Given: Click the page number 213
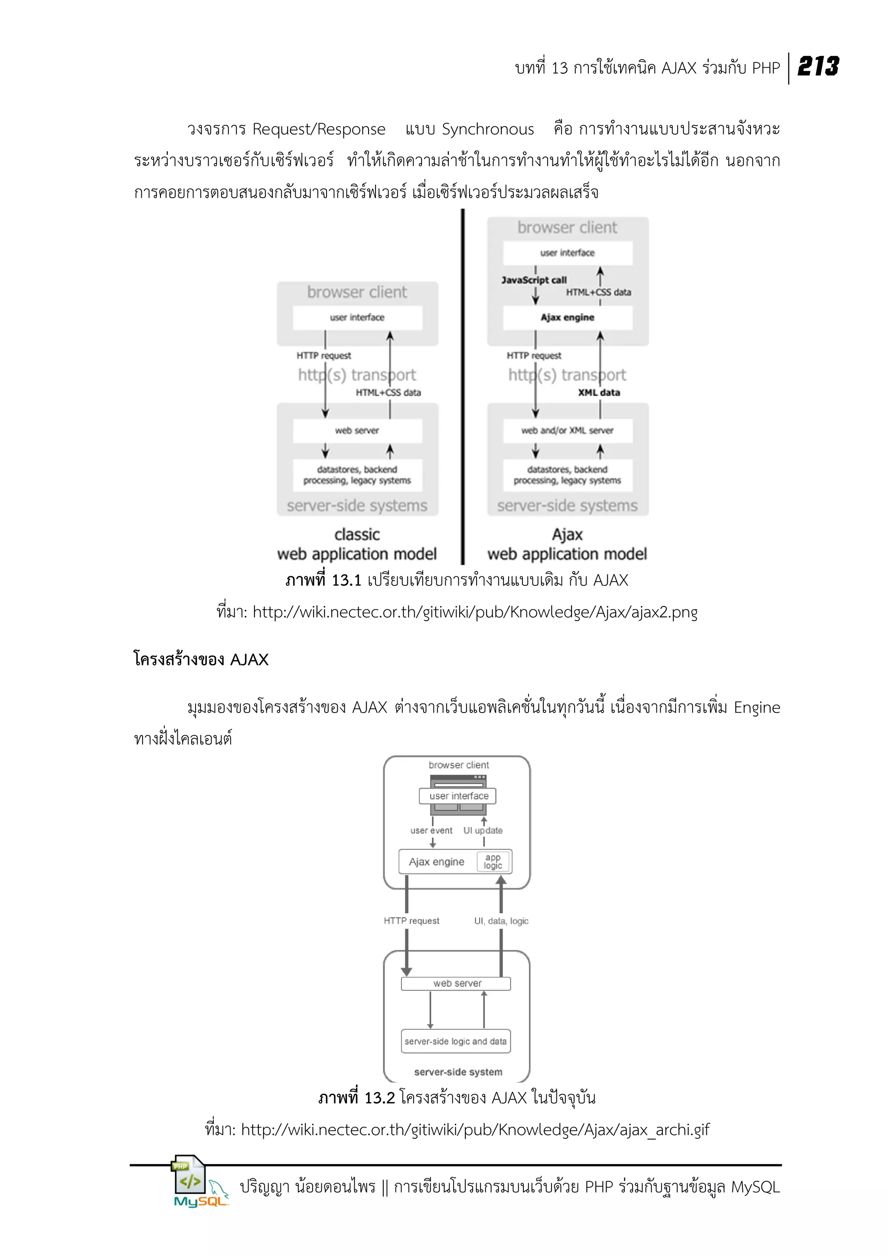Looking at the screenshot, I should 818,67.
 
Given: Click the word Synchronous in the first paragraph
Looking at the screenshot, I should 487,129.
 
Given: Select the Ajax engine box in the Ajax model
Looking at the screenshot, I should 567,317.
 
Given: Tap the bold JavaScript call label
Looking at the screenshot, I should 534,280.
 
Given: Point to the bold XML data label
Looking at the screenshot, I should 599,392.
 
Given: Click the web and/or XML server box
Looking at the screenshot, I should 567,431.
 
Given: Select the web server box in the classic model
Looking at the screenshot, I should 357,431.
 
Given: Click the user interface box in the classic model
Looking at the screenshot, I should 357,317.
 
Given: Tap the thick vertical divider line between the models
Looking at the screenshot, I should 463,383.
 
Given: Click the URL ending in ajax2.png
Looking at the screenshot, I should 475,612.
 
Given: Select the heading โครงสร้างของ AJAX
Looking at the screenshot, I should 201,659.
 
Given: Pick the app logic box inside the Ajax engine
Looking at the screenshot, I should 493,862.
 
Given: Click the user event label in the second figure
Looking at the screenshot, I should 431,831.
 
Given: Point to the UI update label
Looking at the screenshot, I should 483,831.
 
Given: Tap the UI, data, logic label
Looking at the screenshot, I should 501,921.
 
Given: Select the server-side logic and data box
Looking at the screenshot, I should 455,1041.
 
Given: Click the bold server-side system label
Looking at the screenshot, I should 458,1072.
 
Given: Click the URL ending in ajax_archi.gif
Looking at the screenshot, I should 475,1130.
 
